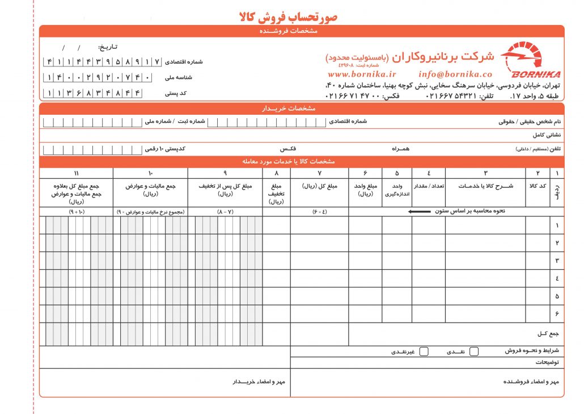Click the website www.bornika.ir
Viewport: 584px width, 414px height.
(x=362, y=74)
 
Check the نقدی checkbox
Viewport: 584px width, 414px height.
(x=474, y=352)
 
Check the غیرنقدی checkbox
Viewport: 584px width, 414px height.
(x=424, y=352)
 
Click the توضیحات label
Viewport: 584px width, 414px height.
(x=548, y=362)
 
